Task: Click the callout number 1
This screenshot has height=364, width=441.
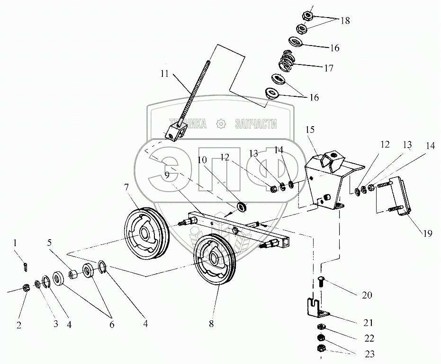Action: point(16,243)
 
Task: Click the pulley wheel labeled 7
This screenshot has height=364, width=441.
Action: point(146,232)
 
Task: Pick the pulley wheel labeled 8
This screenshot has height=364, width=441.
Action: point(216,259)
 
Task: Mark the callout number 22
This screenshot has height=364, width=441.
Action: point(369,338)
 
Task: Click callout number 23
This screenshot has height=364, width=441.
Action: point(369,354)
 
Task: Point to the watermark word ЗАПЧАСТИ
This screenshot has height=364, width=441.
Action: point(256,124)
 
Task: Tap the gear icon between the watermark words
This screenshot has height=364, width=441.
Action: point(220,124)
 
